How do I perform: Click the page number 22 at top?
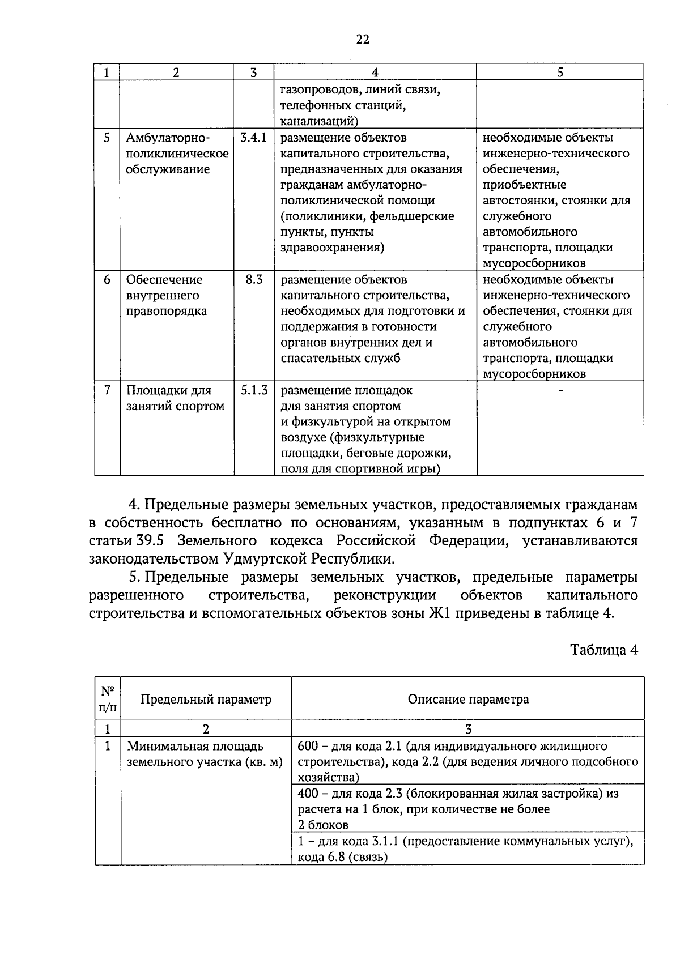point(363,39)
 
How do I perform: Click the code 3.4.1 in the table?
point(254,138)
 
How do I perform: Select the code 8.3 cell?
point(254,280)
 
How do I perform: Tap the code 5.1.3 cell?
point(254,390)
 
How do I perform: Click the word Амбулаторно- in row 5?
point(168,138)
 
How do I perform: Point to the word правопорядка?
point(167,311)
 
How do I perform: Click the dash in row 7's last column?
point(560,390)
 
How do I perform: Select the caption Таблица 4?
point(604,650)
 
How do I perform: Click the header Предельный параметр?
point(206,699)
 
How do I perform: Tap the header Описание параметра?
point(468,699)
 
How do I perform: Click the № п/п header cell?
point(108,698)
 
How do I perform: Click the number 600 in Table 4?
point(308,746)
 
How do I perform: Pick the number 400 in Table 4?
point(308,794)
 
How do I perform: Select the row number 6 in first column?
point(107,280)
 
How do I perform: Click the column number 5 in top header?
point(560,72)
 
